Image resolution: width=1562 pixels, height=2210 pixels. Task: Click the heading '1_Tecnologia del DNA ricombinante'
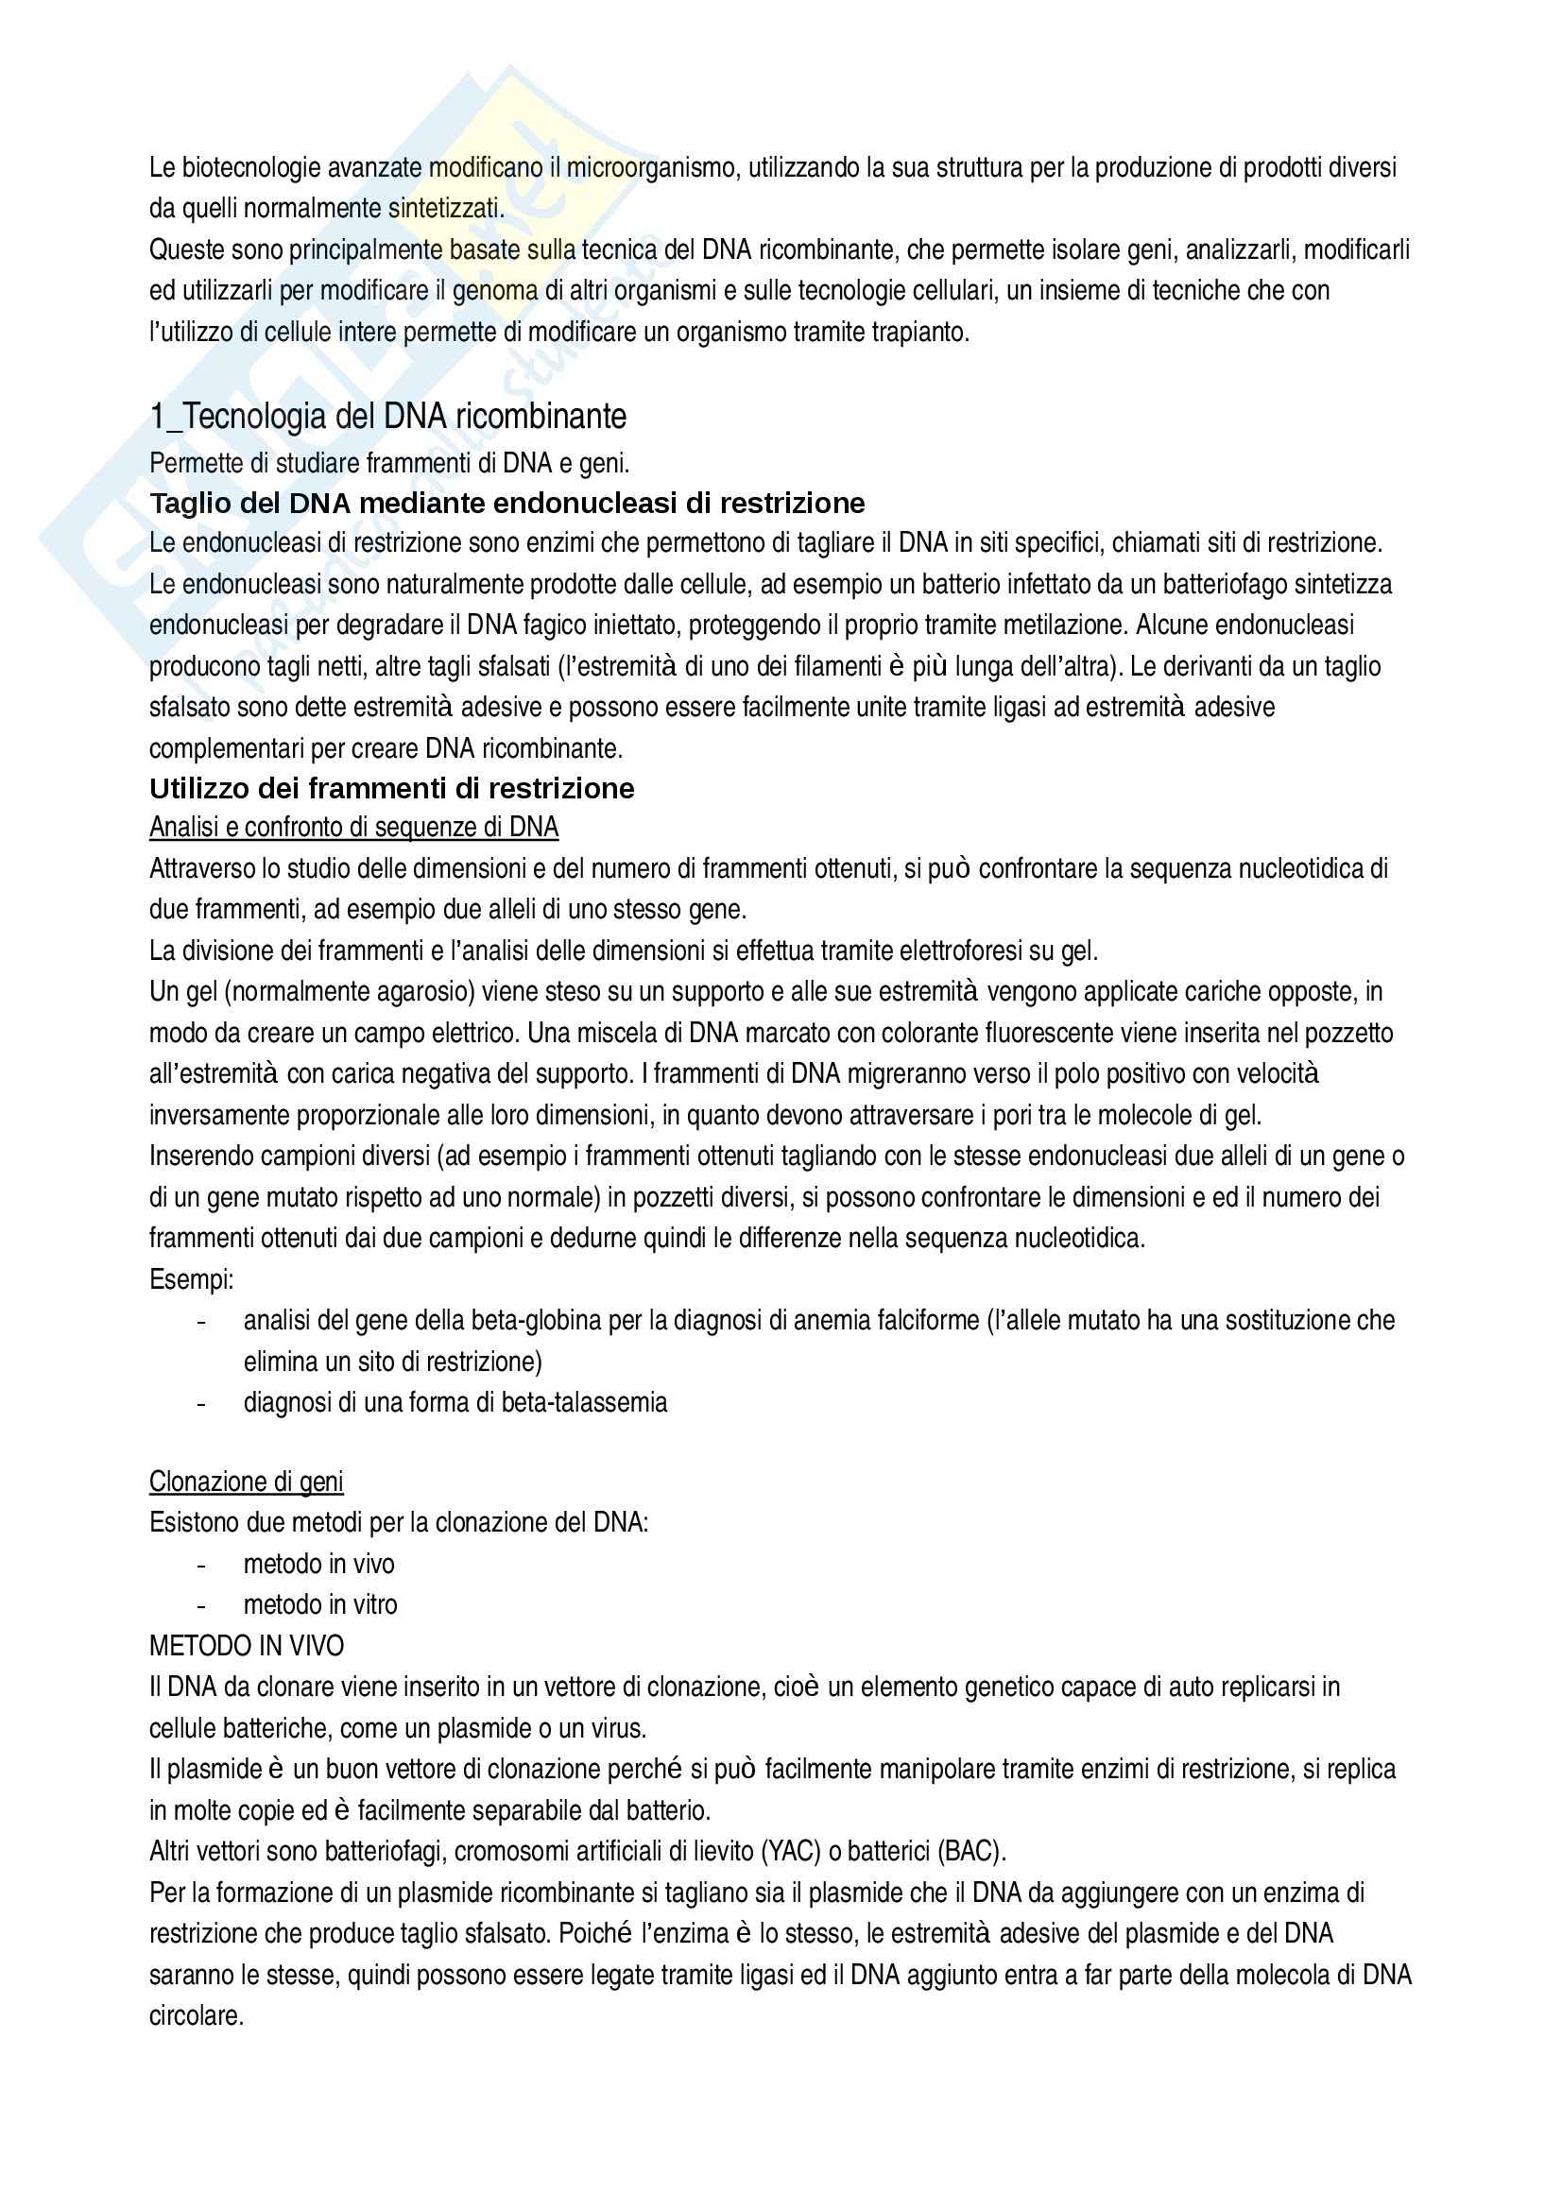point(386,417)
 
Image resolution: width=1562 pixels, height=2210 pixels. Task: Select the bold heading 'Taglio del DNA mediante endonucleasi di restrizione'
point(507,504)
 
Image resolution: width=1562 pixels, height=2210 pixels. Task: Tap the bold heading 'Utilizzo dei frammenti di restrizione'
point(392,788)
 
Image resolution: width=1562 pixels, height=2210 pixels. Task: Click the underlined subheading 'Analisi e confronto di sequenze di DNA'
point(353,828)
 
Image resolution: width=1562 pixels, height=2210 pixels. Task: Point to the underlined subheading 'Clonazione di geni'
point(246,1482)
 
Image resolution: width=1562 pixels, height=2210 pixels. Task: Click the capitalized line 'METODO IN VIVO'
point(247,1646)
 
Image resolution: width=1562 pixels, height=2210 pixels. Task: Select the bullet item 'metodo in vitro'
point(319,1604)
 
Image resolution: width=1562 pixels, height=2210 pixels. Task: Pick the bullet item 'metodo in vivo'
point(318,1564)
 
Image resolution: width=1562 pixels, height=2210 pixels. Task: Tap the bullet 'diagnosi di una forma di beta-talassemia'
point(455,1402)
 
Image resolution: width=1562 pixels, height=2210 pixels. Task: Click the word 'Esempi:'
point(191,1280)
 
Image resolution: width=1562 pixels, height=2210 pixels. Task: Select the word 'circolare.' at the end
point(196,2015)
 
